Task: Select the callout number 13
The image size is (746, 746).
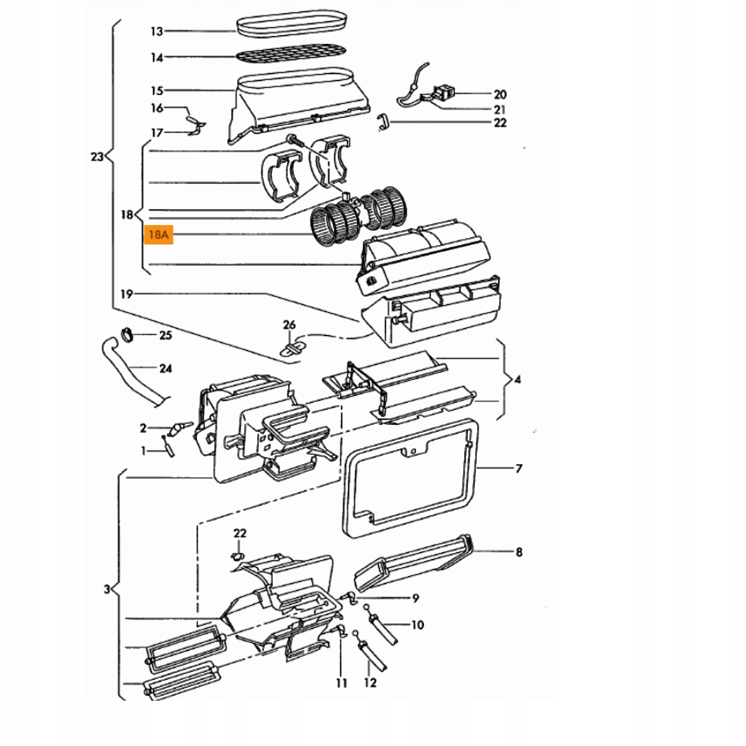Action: (157, 31)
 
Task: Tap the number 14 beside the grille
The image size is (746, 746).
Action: (157, 58)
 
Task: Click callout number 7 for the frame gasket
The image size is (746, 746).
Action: (519, 468)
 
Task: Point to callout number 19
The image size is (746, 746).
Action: (127, 294)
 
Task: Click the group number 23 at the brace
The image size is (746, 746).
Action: (97, 157)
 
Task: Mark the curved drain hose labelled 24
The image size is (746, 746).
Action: (131, 372)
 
